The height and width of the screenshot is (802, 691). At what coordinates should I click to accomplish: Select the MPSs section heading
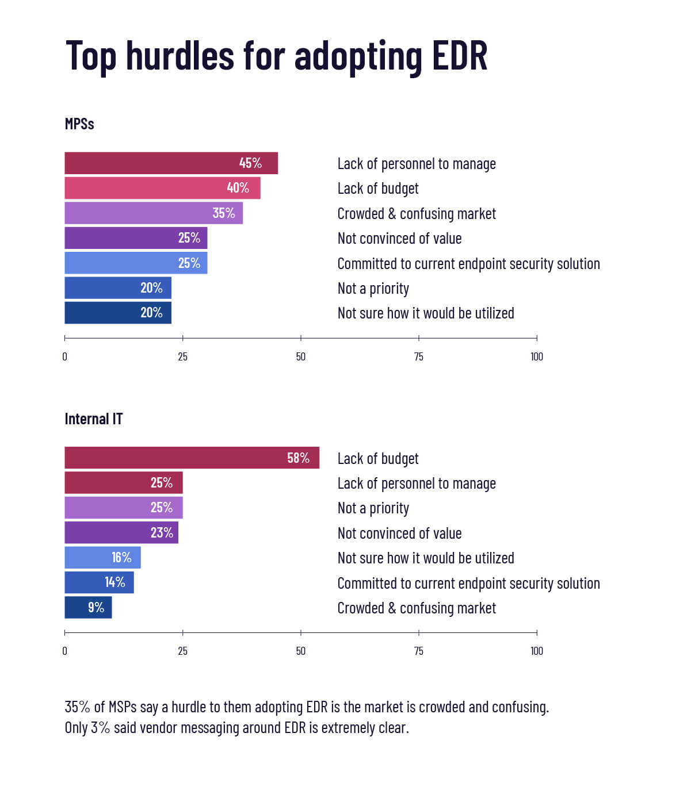click(79, 124)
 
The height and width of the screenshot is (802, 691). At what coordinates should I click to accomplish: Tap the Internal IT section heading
click(93, 419)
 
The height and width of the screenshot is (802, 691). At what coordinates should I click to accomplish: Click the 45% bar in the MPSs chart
click(171, 163)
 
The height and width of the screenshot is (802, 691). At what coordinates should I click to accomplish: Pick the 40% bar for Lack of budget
click(162, 188)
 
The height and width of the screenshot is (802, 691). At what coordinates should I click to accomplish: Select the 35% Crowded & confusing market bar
click(154, 213)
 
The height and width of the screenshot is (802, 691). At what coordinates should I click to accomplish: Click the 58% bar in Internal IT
click(192, 458)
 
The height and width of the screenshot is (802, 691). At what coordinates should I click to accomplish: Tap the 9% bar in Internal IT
click(88, 608)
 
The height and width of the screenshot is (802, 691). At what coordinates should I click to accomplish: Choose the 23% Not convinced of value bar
click(121, 533)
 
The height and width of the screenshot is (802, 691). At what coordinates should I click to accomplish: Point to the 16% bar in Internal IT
click(102, 558)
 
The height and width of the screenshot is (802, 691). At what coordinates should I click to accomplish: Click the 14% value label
click(114, 582)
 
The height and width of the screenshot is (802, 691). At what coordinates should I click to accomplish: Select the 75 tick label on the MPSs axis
click(419, 357)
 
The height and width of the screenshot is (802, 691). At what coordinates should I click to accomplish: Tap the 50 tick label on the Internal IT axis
click(300, 651)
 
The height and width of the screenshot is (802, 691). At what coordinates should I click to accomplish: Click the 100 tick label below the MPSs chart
click(536, 357)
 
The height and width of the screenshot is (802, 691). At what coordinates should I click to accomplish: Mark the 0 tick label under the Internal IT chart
click(64, 651)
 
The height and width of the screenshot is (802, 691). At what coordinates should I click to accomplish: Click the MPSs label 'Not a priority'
click(373, 289)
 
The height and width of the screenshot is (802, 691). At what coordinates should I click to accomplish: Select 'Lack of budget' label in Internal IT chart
click(377, 459)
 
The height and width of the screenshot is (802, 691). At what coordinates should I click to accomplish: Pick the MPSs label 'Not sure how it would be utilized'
click(425, 313)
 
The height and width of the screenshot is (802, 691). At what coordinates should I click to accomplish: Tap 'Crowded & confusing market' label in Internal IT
click(416, 608)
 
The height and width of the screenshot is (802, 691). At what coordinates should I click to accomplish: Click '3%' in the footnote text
click(100, 728)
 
